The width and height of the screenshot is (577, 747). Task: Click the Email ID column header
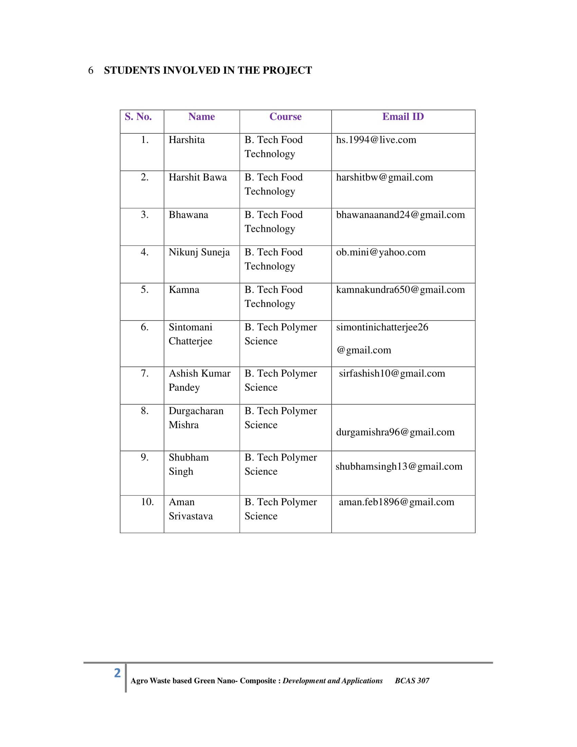pos(403,116)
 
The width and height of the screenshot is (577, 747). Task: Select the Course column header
pos(285,116)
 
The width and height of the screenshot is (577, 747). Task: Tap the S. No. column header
pos(138,116)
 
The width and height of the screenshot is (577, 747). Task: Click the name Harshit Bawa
pos(198,177)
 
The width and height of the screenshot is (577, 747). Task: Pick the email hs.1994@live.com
pos(376,140)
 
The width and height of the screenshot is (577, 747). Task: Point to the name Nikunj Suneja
pos(199,252)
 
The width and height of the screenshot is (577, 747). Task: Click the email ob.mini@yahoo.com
pos(381,252)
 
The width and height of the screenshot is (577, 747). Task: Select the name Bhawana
pos(188,215)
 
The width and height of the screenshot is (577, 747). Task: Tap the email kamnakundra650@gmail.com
pos(400,290)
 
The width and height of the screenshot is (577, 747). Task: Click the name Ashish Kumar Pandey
pos(200,380)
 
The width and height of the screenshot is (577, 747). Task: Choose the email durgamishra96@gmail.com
pos(395,432)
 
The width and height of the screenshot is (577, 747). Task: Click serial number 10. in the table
pos(147,502)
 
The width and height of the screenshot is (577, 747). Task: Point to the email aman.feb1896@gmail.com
pos(396,502)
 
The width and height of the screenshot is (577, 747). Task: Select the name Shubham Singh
pos(188,464)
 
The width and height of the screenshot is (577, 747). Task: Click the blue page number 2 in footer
pos(117,673)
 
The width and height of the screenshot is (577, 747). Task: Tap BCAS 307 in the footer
pos(412,681)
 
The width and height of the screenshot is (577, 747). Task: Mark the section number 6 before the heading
pos(91,71)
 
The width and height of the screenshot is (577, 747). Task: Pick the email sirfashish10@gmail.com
pos(392,373)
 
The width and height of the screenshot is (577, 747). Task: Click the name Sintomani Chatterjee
pos(190,334)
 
